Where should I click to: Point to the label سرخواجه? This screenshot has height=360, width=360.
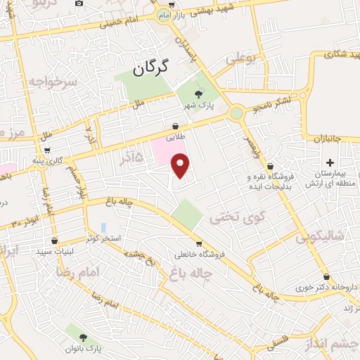51,82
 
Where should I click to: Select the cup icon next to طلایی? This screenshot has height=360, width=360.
174,126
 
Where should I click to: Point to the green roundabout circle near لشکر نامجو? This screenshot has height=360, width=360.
237,112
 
